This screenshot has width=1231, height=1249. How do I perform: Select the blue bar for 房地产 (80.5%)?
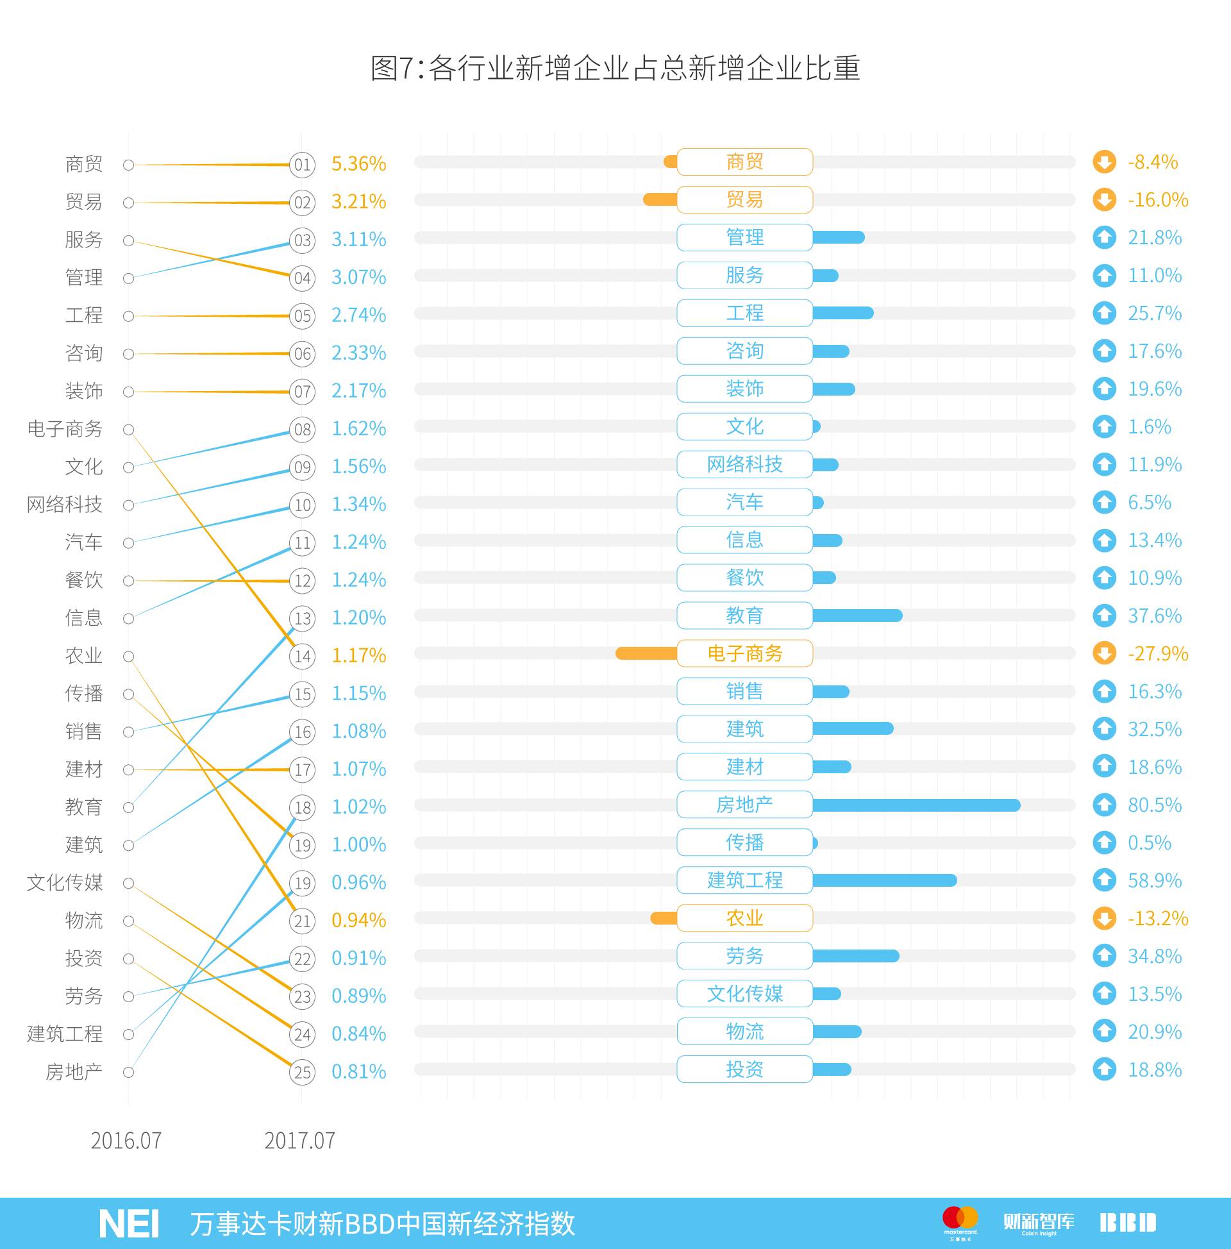click(916, 805)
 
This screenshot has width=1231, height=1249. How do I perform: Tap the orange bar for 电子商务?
click(646, 653)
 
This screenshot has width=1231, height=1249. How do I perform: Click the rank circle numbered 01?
click(302, 164)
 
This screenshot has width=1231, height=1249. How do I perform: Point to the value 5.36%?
click(358, 164)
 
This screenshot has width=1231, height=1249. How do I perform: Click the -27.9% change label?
click(1157, 653)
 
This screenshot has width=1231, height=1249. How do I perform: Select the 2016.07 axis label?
click(126, 1141)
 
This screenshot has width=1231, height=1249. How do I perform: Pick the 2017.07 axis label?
click(299, 1141)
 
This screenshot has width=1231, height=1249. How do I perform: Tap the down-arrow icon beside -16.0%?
click(1104, 200)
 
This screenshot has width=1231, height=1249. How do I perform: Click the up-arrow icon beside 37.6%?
click(1104, 616)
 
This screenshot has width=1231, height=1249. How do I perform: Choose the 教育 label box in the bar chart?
click(744, 616)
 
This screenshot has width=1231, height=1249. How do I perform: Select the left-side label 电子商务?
click(65, 429)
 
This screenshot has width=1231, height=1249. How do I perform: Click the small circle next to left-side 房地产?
click(129, 1073)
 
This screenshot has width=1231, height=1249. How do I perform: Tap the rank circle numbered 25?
click(302, 1073)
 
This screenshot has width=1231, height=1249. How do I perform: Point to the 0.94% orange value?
click(358, 920)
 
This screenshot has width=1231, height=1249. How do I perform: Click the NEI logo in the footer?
click(129, 1223)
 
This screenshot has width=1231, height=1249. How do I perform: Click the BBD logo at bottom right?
click(1128, 1223)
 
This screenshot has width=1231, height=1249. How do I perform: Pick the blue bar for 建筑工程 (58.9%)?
click(883, 880)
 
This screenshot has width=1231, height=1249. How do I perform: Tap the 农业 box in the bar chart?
click(744, 918)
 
